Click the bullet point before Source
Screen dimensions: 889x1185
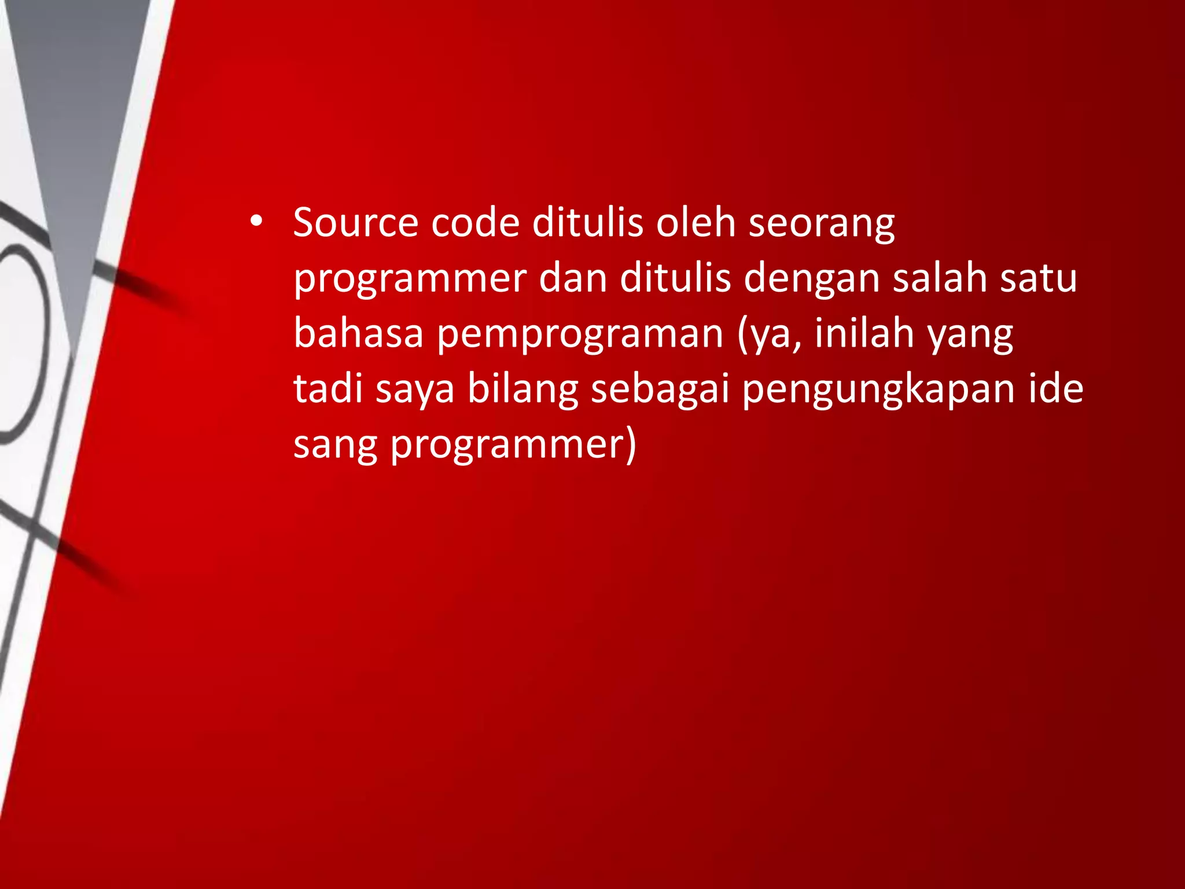[x=256, y=222]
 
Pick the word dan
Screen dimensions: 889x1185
[x=573, y=278]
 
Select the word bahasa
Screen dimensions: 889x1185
[x=358, y=333]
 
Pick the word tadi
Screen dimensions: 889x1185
[x=328, y=388]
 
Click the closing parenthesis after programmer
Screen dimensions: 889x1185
[x=631, y=445]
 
